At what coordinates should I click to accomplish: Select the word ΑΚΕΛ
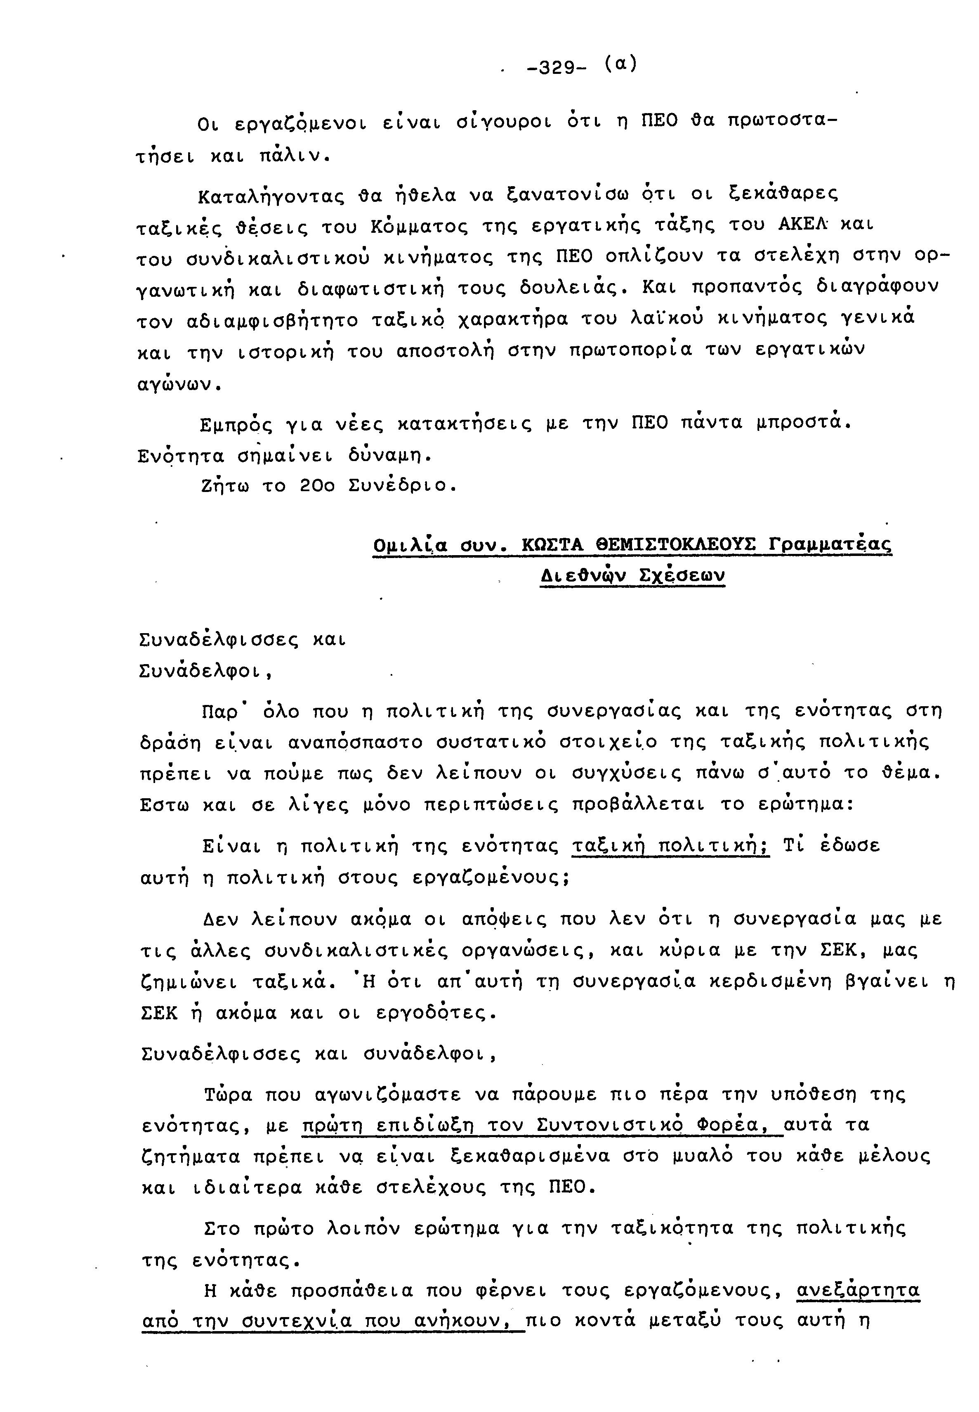803,225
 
